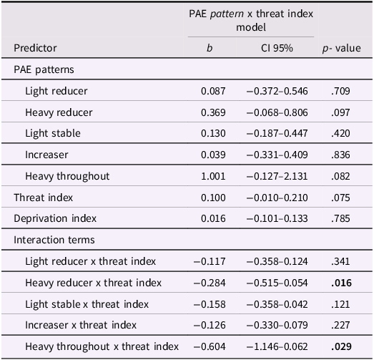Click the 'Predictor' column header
coord(35,49)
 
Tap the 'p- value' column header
coord(341,49)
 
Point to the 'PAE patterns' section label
coord(44,70)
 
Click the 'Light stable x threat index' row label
coord(87,304)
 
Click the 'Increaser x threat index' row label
coord(81,325)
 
